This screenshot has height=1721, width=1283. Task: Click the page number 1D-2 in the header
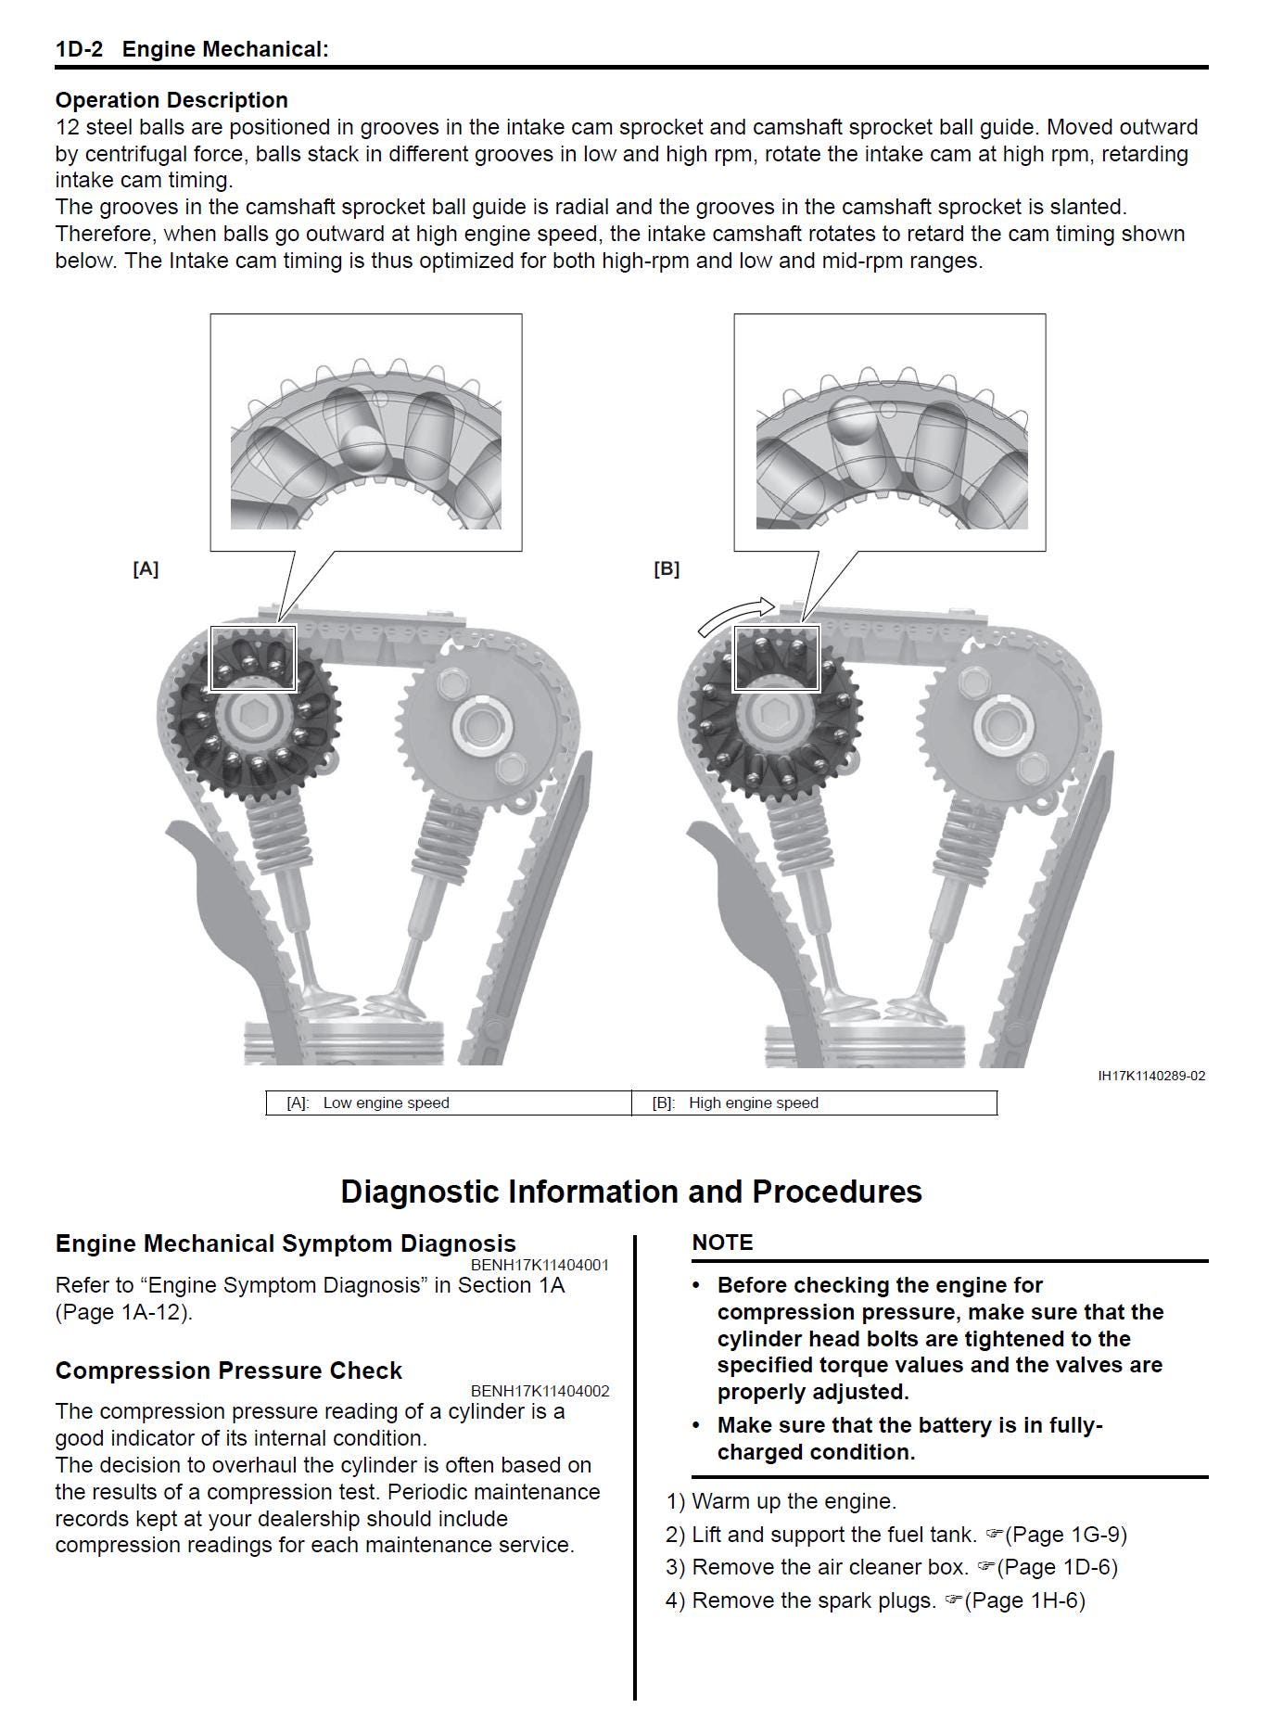coord(79,49)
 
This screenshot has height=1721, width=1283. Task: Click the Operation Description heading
coord(171,100)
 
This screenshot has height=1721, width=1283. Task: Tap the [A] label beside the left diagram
coord(146,569)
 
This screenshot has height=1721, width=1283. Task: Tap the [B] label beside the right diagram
coord(667,569)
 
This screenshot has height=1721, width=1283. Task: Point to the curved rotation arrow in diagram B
coord(734,615)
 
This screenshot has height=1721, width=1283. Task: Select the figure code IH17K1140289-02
coord(1151,1076)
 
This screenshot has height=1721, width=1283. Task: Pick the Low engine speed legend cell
coord(449,1103)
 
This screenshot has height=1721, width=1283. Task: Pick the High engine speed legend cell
coord(814,1103)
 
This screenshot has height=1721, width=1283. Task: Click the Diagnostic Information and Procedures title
coord(631,1192)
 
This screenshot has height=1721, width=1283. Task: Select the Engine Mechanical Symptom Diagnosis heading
coord(286,1243)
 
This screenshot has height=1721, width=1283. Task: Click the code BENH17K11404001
coord(540,1265)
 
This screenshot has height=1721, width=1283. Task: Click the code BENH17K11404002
coord(540,1391)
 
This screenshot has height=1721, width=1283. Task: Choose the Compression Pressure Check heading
coord(229,1370)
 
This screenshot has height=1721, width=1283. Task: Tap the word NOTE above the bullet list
coord(722,1243)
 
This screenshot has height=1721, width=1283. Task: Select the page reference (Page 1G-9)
coord(1062,1535)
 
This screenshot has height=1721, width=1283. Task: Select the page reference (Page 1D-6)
coord(1053,1567)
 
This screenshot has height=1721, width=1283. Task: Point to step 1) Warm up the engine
coord(781,1501)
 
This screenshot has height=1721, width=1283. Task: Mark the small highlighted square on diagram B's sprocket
coord(777,658)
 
